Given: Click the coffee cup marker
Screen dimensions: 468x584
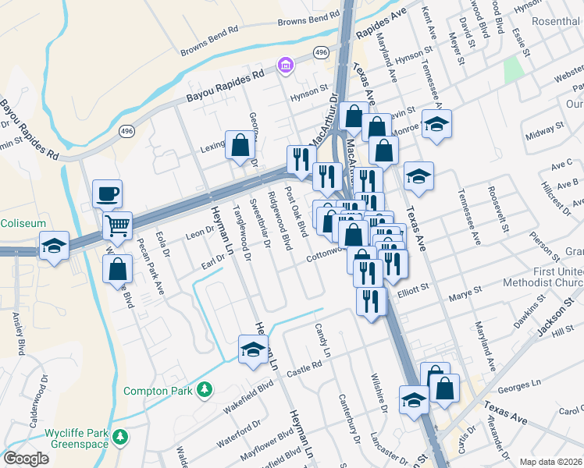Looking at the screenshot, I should click(x=107, y=193).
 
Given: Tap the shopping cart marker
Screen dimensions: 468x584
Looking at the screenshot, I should click(x=117, y=226).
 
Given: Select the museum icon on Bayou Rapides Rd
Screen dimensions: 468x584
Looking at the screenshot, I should click(x=286, y=64).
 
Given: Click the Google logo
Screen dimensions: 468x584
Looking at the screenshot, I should click(x=26, y=459).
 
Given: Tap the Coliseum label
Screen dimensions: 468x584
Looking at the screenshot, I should click(x=23, y=223).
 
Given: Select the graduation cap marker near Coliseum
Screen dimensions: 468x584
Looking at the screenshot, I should click(x=54, y=245).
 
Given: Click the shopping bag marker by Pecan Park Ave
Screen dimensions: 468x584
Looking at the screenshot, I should click(x=117, y=268).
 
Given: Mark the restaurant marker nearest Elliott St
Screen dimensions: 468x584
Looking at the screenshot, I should click(x=372, y=300).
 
